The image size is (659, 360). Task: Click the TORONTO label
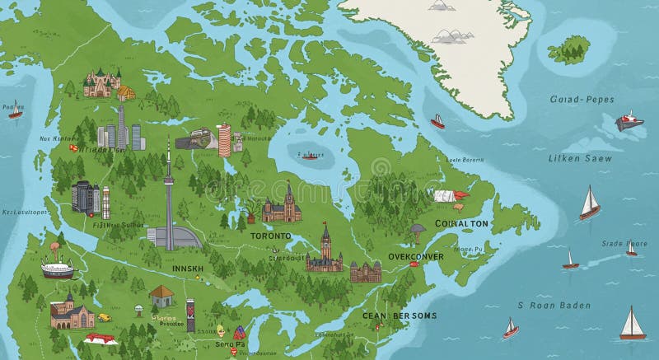pos(271,236)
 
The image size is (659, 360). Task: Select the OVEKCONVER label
pos(416,256)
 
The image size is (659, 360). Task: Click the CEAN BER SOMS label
pos(400,316)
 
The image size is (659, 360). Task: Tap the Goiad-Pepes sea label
pos(582,100)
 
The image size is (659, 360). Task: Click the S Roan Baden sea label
pos(554,306)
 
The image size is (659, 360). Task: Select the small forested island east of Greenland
pos(569,49)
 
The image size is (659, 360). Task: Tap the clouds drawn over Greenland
pos(448,35)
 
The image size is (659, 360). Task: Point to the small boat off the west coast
pos(15,111)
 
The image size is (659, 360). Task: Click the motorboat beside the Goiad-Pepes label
pos(629,122)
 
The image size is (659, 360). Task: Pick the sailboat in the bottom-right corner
pos(631,324)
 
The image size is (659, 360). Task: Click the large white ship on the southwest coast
pos(58,268)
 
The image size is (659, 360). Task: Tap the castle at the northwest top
pos(102,82)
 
